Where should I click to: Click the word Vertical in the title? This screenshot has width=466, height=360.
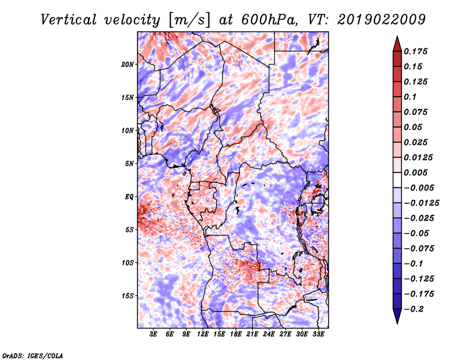(69, 20)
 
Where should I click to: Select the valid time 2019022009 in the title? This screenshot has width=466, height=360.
(382, 20)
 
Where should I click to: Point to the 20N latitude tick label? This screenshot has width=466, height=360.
(128, 65)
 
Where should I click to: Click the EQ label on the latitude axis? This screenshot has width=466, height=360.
(129, 197)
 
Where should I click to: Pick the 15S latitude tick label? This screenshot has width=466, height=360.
(128, 296)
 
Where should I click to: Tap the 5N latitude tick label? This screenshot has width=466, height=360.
(129, 164)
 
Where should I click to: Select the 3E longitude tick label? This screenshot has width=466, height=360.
(153, 334)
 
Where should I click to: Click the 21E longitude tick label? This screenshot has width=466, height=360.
(252, 334)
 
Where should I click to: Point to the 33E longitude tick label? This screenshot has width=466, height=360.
(318, 334)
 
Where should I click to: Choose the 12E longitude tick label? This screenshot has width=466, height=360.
(203, 334)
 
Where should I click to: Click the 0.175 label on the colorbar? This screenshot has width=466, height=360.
(415, 51)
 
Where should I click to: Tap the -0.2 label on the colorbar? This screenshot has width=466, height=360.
(414, 309)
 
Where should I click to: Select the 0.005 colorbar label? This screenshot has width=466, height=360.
(415, 172)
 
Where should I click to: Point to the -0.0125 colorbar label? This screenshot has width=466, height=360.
(421, 203)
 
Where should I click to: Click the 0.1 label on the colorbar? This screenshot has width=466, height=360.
(410, 97)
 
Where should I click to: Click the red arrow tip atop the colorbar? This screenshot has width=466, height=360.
(397, 37)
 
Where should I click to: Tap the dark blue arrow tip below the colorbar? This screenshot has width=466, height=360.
(397, 323)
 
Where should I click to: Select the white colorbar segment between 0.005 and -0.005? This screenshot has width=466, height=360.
(397, 180)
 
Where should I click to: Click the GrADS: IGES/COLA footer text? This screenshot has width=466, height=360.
(33, 355)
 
